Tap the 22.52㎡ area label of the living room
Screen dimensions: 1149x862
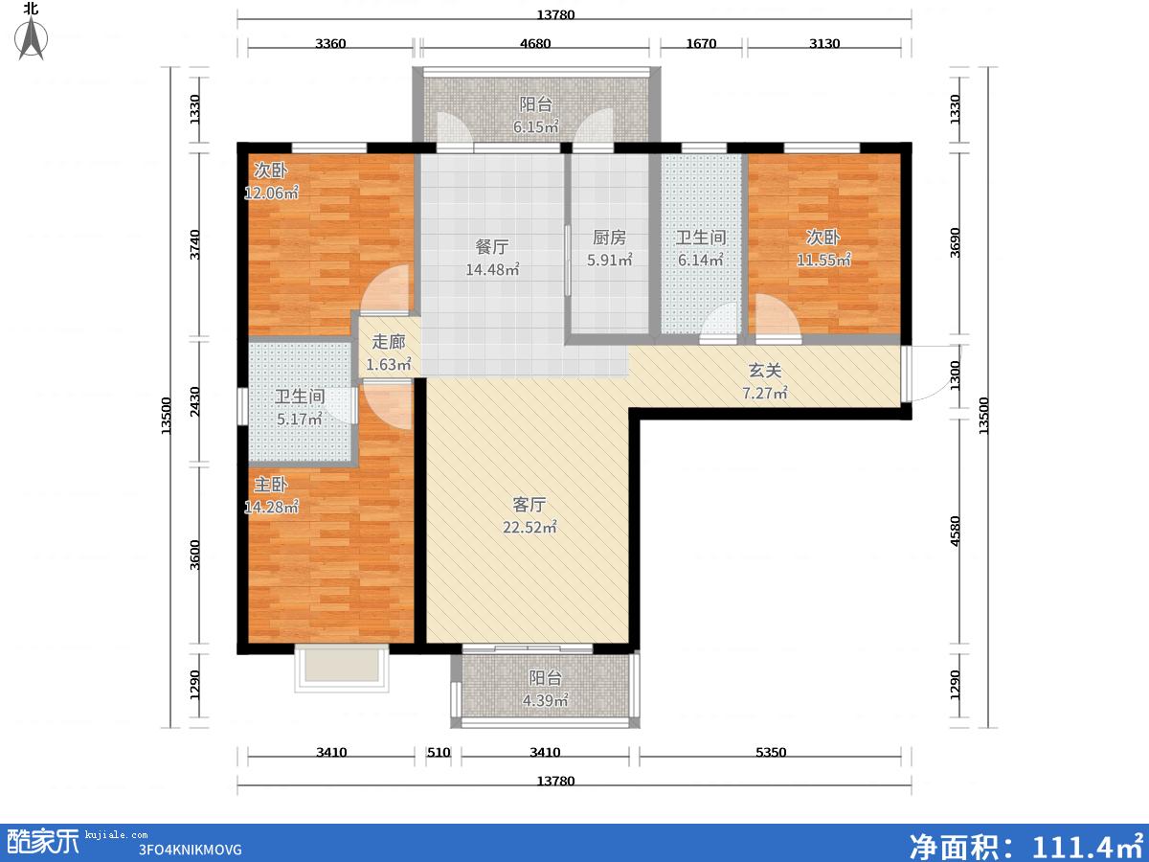pos(529,527)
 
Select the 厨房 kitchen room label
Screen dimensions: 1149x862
pos(609,238)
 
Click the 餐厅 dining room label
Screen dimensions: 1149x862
pos(492,246)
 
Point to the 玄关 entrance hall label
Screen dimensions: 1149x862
pos(765,371)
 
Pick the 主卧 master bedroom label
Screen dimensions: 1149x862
pos(271,484)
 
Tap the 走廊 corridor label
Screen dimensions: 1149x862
pos(389,342)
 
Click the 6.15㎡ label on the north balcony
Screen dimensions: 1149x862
pos(535,126)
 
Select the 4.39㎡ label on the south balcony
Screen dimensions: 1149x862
pos(545,700)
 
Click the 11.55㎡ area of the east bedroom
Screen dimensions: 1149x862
pos(824,260)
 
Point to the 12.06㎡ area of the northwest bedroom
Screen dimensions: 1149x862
pos(271,193)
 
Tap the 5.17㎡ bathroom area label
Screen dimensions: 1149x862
pos(300,419)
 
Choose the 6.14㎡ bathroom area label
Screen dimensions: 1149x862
pos(701,260)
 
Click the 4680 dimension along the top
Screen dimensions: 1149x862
pos(535,43)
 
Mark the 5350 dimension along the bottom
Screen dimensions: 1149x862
pos(771,752)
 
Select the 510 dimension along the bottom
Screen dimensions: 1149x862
pos(439,752)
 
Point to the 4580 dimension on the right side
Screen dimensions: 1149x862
pos(956,532)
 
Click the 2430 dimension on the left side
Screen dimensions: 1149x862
pos(194,402)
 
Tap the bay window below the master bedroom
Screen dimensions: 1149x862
pos(342,669)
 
